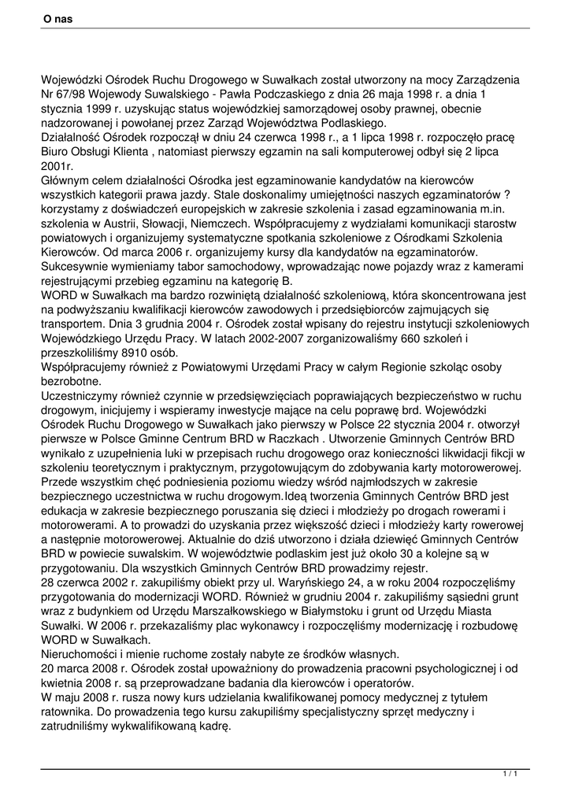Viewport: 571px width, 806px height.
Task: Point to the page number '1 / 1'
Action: pyautogui.click(x=510, y=775)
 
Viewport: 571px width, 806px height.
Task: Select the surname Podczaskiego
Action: pyautogui.click(x=261, y=94)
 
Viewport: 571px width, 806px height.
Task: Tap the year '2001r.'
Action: pyautogui.click(x=57, y=166)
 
